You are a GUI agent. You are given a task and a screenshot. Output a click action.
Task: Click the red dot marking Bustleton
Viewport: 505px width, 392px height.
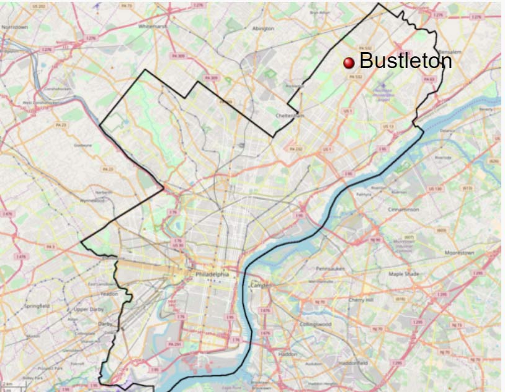[x=349, y=61]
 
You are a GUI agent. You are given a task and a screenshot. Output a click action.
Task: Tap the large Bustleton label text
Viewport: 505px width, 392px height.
[x=406, y=61]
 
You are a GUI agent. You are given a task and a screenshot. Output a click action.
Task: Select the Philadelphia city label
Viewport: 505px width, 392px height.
[x=212, y=274]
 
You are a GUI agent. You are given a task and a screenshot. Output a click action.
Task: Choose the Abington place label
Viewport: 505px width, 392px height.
[x=263, y=28]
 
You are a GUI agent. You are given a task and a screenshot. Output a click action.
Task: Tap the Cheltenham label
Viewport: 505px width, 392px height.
[x=290, y=115]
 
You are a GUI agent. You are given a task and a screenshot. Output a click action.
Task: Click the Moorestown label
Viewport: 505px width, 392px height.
[x=459, y=253]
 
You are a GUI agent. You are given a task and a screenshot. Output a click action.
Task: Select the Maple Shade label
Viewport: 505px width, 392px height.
[x=404, y=273]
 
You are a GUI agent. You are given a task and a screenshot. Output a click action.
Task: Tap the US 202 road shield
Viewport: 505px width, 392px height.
[x=38, y=6]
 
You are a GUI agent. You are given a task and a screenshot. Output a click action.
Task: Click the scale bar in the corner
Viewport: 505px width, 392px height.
[x=12, y=388]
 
